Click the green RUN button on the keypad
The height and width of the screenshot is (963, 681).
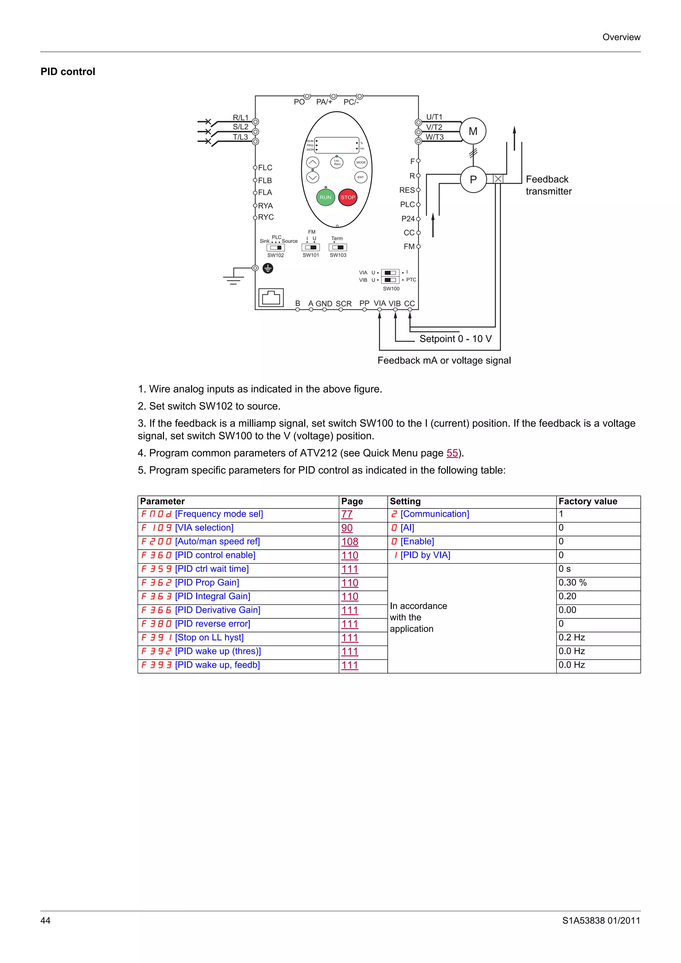[x=325, y=197]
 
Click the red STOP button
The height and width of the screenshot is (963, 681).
[x=347, y=197]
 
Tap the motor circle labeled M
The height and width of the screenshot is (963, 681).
[x=473, y=131]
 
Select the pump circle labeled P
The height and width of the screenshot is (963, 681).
[x=473, y=179]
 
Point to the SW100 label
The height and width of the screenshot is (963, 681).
[x=391, y=288]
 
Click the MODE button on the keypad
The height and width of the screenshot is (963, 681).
[x=361, y=162]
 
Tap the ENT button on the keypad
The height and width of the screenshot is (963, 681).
[x=360, y=177]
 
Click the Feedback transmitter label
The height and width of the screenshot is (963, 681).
[x=548, y=185]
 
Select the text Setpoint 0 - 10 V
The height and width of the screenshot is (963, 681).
[x=455, y=339]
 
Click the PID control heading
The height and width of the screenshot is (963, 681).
[x=68, y=72]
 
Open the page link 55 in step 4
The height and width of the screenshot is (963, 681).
[x=452, y=453]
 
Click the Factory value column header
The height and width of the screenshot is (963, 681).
[x=588, y=501]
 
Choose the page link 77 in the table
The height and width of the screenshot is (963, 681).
[x=346, y=514]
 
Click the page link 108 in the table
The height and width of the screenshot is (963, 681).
[x=349, y=541]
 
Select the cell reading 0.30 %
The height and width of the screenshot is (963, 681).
[x=572, y=583]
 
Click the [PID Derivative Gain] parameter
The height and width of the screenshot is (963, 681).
[x=217, y=610]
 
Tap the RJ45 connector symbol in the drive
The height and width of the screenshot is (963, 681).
[x=271, y=298]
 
